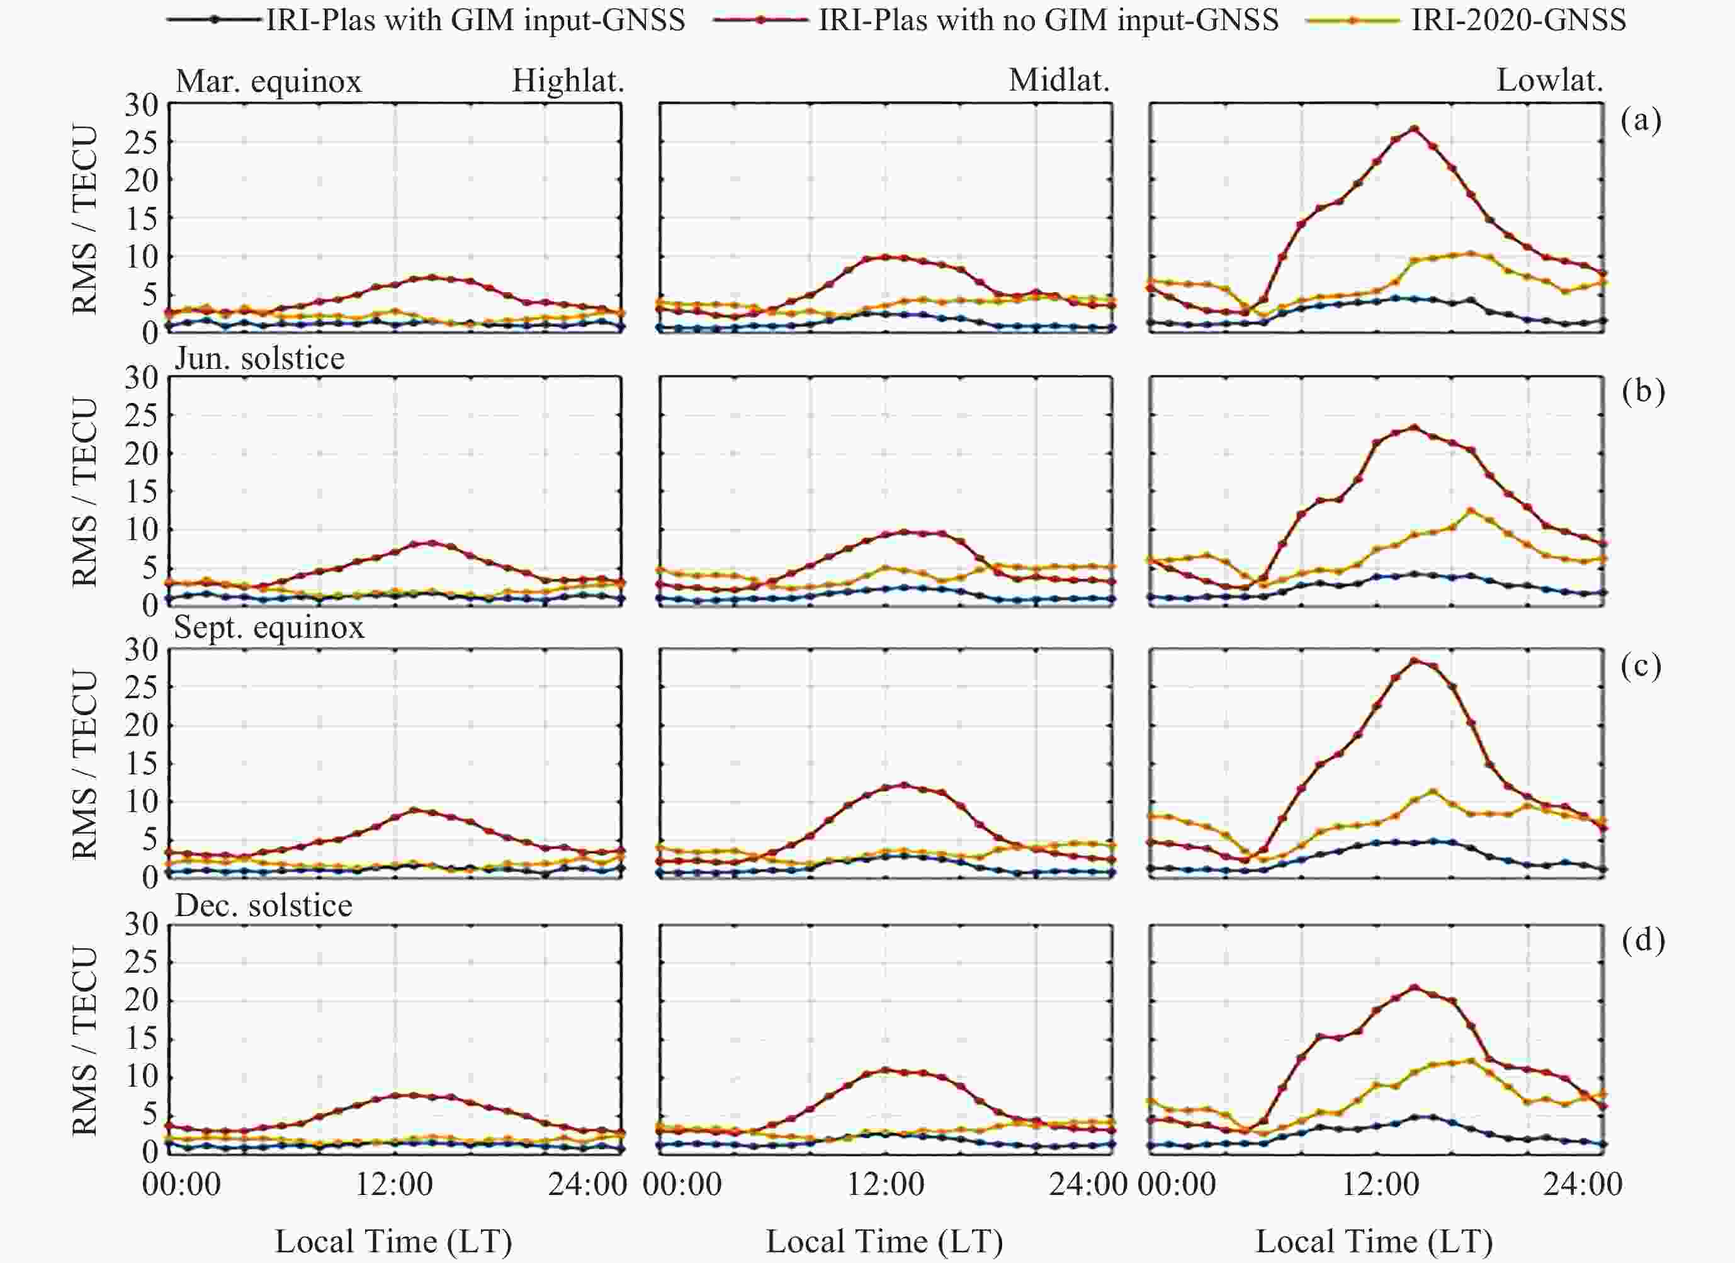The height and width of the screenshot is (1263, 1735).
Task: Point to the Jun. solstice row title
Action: (x=259, y=358)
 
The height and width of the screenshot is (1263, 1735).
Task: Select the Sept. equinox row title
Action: (x=269, y=627)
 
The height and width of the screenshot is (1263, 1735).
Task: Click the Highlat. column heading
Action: (x=568, y=81)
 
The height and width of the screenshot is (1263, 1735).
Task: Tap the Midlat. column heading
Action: (x=1059, y=81)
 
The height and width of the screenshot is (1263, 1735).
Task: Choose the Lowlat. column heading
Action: (x=1550, y=81)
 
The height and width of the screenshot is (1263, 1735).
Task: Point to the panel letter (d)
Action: (x=1642, y=939)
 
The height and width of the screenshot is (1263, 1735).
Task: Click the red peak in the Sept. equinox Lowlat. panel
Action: (x=1415, y=660)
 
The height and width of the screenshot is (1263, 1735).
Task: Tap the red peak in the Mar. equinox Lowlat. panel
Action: (x=1415, y=128)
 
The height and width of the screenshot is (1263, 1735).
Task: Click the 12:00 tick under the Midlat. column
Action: (x=886, y=1184)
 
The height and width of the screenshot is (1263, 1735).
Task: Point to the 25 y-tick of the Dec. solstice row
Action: (x=142, y=961)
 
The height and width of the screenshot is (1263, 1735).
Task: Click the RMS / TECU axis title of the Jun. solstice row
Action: (x=85, y=492)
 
